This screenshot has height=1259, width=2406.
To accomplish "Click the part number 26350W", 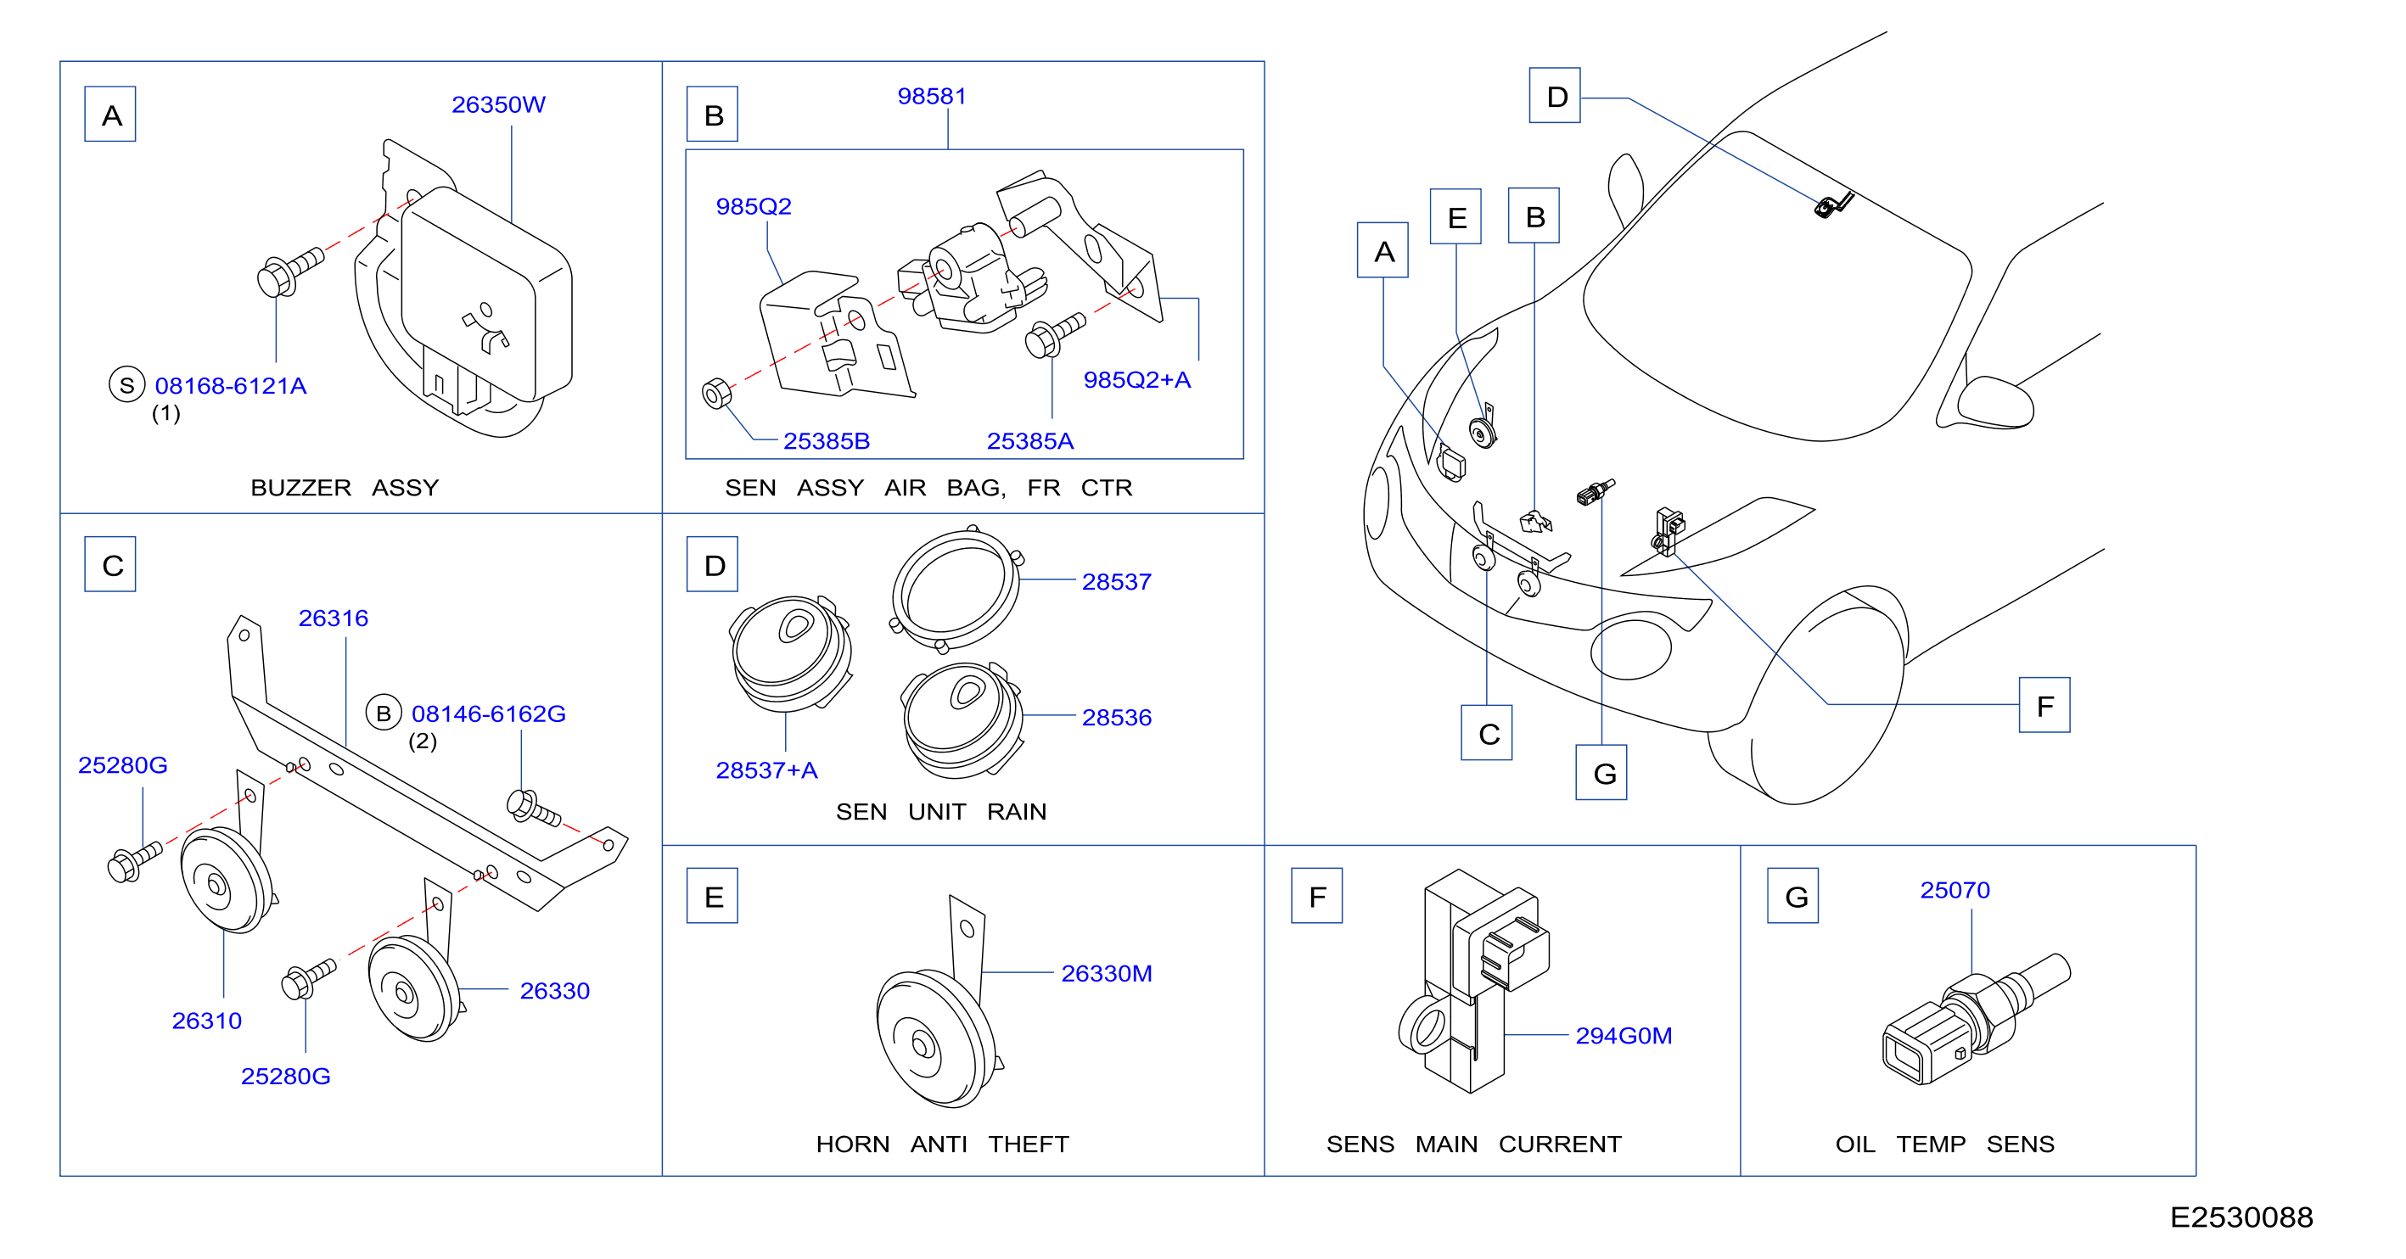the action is click(x=498, y=104).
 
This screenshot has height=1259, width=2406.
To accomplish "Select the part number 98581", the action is click(x=931, y=96).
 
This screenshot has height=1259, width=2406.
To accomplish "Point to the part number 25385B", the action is click(x=826, y=441).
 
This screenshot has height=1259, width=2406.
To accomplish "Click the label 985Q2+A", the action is click(x=1136, y=379).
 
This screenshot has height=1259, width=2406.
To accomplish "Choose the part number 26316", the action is click(x=333, y=618).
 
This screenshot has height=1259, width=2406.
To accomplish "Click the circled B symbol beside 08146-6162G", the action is click(x=383, y=713).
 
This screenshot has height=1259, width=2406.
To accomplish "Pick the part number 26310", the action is click(x=206, y=1021).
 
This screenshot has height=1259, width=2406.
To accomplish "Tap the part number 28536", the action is click(x=1116, y=717).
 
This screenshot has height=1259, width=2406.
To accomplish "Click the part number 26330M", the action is click(x=1106, y=973).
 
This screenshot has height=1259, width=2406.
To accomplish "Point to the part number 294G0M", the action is click(x=1624, y=1036).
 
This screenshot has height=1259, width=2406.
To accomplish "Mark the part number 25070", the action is click(x=1954, y=890).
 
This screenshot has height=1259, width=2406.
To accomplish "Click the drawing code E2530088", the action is click(x=2241, y=1217).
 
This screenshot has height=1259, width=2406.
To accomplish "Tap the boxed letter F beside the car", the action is click(x=2044, y=705).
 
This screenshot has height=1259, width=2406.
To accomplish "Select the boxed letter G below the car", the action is click(x=1601, y=771).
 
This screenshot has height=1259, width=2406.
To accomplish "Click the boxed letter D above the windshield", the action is click(x=1554, y=95).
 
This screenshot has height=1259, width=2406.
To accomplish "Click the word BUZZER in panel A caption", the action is click(x=300, y=488).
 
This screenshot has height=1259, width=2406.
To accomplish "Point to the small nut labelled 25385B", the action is click(x=716, y=393).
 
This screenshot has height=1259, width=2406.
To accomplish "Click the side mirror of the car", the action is click(x=1994, y=402).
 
